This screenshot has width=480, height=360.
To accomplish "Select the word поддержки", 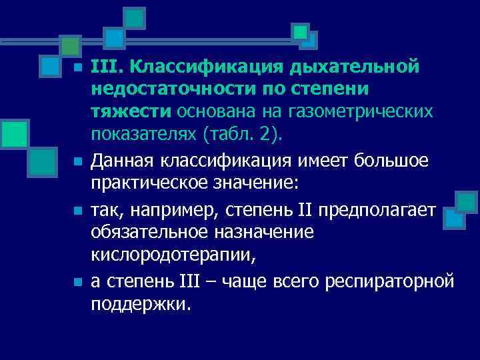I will (140, 303).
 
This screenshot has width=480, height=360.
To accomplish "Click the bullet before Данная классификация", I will (77, 161).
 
